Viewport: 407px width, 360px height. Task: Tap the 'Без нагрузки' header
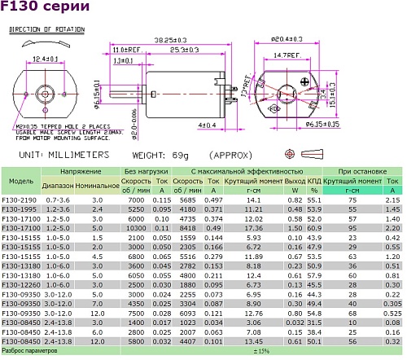coord(147,172)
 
